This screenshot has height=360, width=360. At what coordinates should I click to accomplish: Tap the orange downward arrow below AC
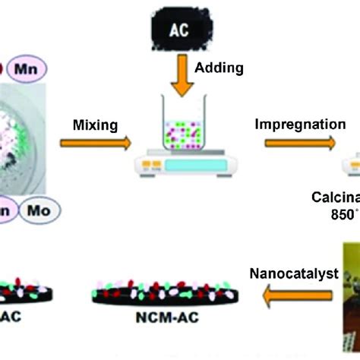pos(180,76)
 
